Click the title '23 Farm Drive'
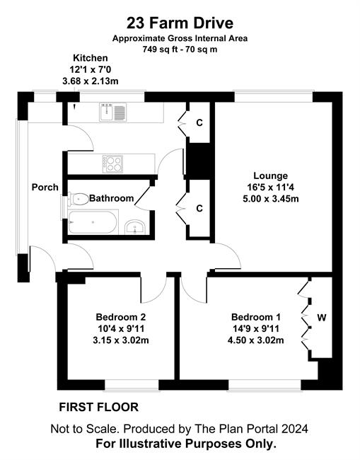[180, 23]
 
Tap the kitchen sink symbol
[112, 112]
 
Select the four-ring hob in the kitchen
[112, 164]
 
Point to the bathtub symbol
[93, 222]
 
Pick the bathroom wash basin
[135, 227]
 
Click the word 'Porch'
[45, 187]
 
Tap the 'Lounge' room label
[271, 176]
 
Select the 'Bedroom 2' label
[121, 317]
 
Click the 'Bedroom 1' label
[256, 317]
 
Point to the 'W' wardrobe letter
[322, 318]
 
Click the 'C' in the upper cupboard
[199, 122]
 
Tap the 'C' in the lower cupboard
[199, 208]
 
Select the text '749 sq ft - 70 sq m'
[180, 49]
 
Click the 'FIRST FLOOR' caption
[99, 407]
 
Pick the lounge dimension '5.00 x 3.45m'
[271, 199]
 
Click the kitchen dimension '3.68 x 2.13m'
[91, 81]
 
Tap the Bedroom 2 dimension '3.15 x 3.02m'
[121, 340]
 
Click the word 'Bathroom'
[112, 198]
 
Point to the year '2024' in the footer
[295, 429]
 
